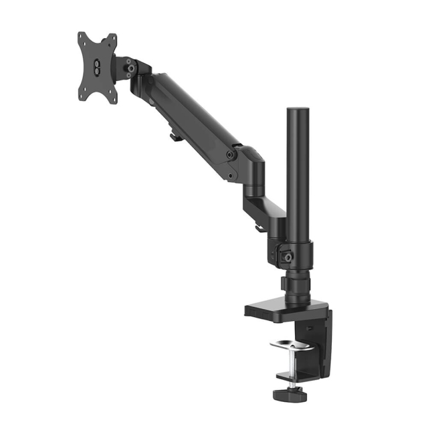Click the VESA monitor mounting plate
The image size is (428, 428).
click(98, 67)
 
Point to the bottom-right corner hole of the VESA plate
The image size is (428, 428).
click(113, 98)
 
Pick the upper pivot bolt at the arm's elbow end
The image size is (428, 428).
click(230, 154)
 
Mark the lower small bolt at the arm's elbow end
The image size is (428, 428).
click(231, 177)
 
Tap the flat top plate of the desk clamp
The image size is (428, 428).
click(281, 310)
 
